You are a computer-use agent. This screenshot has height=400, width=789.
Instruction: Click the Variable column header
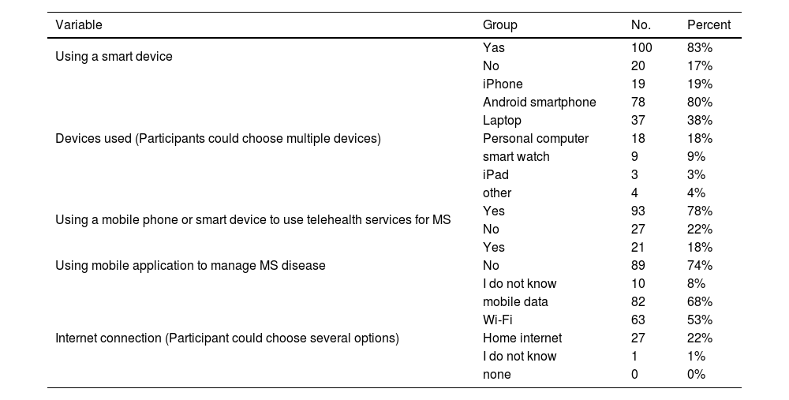click(79, 24)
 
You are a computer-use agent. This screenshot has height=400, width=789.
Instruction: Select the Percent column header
click(709, 24)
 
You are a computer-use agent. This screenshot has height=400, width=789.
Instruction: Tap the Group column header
click(499, 24)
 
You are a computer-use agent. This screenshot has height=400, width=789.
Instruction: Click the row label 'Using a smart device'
click(114, 57)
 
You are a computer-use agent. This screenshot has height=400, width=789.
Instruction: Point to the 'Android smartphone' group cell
click(539, 102)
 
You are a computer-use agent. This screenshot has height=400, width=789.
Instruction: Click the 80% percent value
click(700, 102)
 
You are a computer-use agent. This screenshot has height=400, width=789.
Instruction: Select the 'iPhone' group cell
click(503, 84)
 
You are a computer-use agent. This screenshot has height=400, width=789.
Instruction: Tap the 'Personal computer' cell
click(536, 138)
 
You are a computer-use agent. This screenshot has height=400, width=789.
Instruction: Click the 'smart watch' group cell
click(516, 156)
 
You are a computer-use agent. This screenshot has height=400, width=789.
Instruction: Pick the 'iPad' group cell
click(495, 174)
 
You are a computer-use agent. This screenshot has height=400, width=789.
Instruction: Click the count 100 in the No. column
click(641, 47)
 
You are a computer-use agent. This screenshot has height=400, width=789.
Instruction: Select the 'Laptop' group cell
click(502, 120)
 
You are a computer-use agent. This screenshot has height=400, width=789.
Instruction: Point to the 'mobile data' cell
click(515, 301)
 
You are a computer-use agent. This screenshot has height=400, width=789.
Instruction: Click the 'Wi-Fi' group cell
click(498, 320)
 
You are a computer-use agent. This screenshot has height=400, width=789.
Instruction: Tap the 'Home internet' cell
click(522, 338)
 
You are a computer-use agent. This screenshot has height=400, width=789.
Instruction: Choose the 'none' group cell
click(497, 374)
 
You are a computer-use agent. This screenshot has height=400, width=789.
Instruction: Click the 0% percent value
click(697, 374)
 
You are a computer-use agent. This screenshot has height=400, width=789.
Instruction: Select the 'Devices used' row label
click(218, 138)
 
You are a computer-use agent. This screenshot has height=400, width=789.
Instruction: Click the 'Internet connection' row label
click(227, 338)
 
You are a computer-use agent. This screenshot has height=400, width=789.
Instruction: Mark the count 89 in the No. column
click(638, 265)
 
